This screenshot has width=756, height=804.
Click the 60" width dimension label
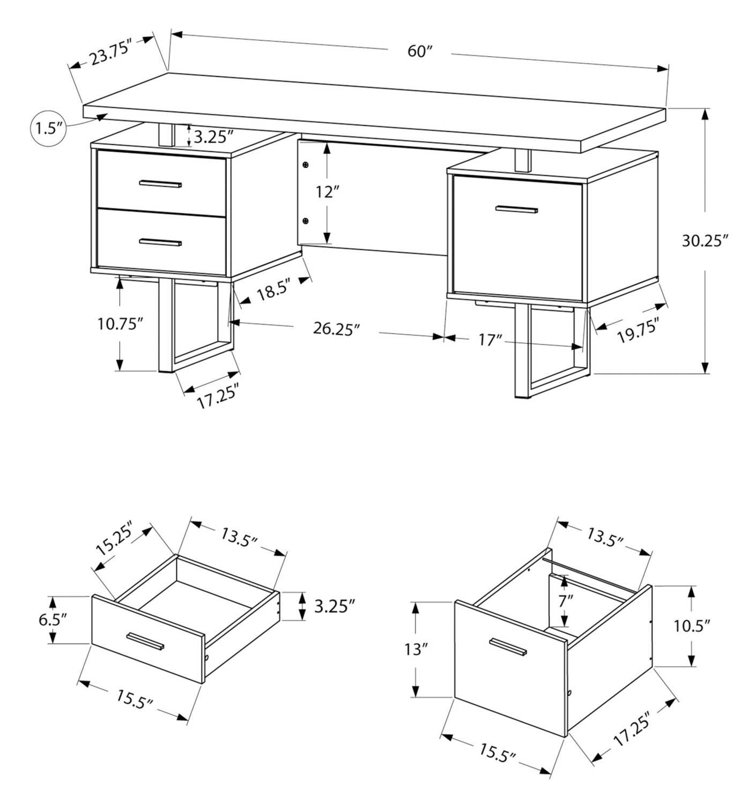point(420,51)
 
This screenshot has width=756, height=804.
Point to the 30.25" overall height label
point(705,241)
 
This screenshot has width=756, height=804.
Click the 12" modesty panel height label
point(328,192)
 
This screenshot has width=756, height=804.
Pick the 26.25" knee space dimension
point(336,329)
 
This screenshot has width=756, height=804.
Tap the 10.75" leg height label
point(120,324)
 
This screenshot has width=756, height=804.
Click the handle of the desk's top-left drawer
point(160,184)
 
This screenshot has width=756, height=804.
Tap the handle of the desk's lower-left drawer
point(160,243)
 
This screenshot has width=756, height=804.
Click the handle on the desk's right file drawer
point(516,210)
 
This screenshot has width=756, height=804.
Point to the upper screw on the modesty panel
point(306,165)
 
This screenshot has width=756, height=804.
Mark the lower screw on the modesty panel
point(306,220)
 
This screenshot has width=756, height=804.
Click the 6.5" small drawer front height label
point(53,620)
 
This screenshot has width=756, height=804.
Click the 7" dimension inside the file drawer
point(562,601)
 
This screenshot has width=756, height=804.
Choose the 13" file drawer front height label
point(417,649)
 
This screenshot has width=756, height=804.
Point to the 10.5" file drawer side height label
point(692,625)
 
